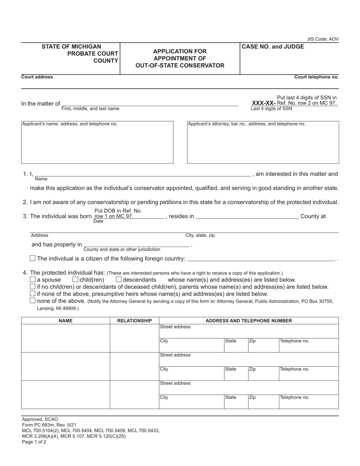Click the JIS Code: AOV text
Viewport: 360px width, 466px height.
pyautogui.click(x=323, y=39)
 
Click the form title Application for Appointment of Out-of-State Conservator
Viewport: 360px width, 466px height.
pyautogui.click(x=180, y=58)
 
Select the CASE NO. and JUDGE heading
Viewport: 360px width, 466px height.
pyautogui.click(x=273, y=47)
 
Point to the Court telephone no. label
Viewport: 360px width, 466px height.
pyautogui.click(x=316, y=77)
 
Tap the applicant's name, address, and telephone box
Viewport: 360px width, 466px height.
pyautogui.click(x=97, y=142)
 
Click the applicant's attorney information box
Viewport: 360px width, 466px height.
pyautogui.click(x=263, y=142)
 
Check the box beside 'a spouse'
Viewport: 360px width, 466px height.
pyautogui.click(x=33, y=280)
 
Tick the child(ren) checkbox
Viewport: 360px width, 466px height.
pyautogui.click(x=75, y=280)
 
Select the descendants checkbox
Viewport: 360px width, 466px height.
pyautogui.click(x=119, y=280)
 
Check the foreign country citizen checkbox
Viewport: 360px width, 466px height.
pyautogui.click(x=33, y=258)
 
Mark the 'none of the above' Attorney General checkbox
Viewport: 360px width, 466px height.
pyautogui.click(x=33, y=301)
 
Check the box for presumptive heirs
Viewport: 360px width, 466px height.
pyautogui.click(x=33, y=294)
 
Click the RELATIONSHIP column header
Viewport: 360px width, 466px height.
pyautogui.click(x=135, y=321)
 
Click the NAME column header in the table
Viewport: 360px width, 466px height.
pyautogui.click(x=66, y=321)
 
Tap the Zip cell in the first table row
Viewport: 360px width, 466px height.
pyautogui.click(x=263, y=345)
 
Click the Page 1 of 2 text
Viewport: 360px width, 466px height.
pyautogui.click(x=34, y=442)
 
